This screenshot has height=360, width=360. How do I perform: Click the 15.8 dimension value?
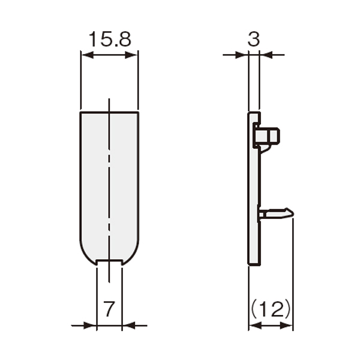(110, 39)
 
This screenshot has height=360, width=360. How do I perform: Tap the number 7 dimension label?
(109, 308)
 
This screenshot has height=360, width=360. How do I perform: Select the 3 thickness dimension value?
(254, 39)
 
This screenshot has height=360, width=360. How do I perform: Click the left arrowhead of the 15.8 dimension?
(88, 55)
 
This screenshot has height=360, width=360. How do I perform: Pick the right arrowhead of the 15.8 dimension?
(131, 55)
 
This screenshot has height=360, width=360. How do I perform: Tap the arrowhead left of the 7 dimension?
(90, 325)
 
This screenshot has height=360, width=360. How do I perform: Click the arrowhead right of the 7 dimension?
(128, 325)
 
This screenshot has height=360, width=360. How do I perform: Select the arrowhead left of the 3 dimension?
(242, 55)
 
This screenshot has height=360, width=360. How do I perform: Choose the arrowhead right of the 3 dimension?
(266, 55)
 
